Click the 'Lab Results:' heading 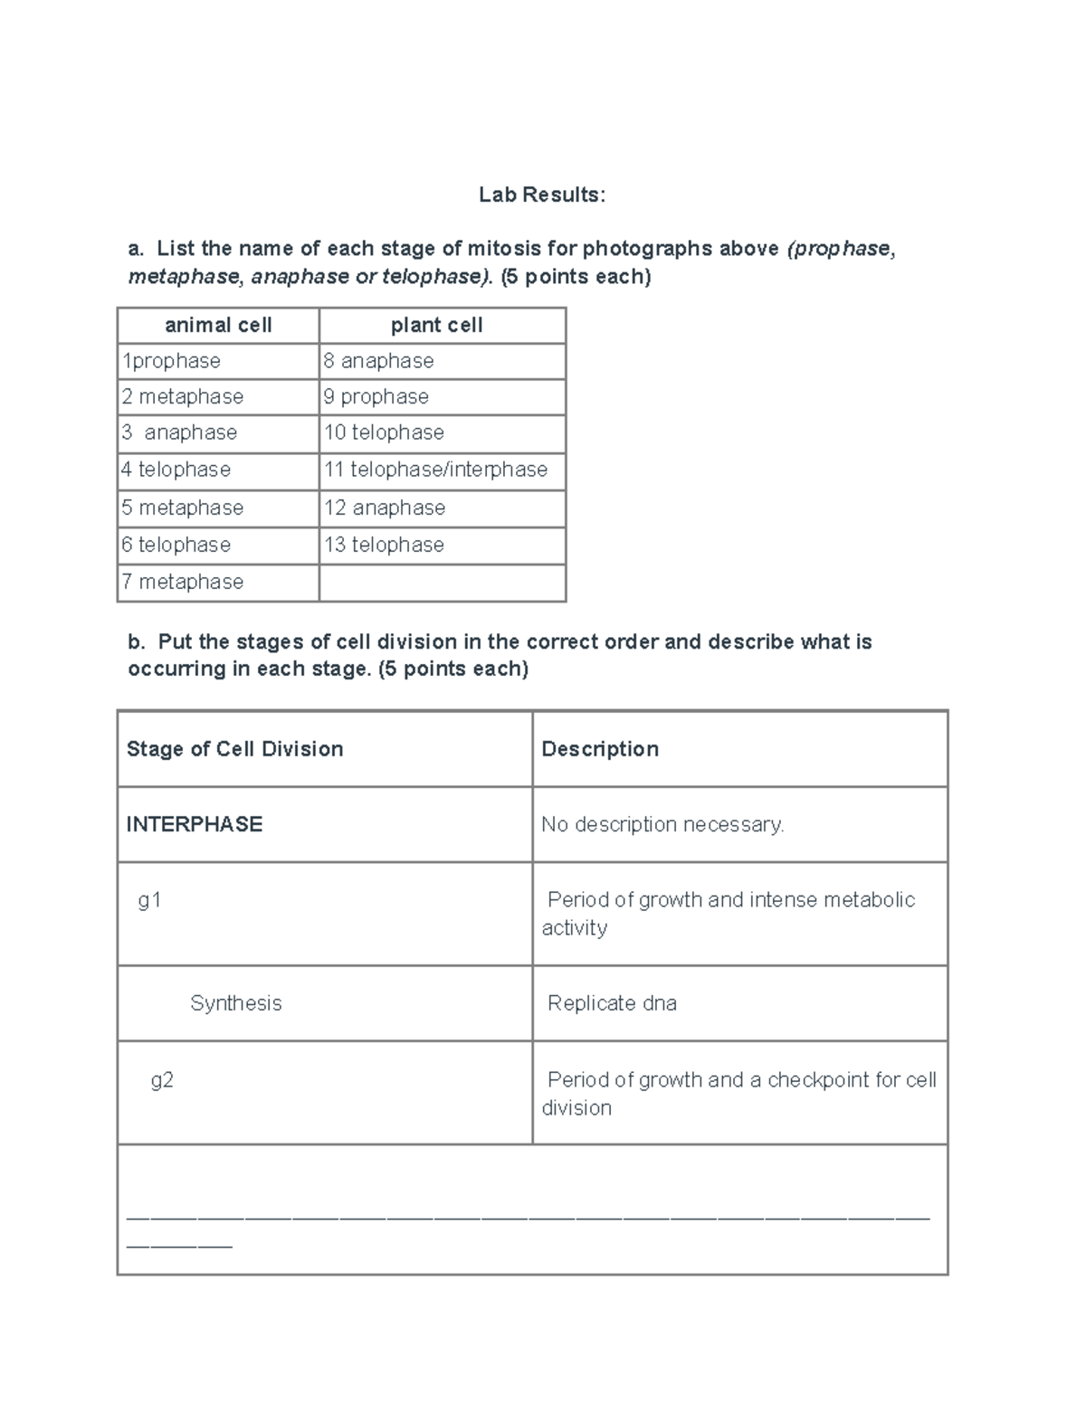click(541, 195)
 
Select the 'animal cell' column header click(218, 326)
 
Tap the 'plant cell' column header click(436, 326)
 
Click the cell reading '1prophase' click(172, 361)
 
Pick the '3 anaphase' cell click(179, 432)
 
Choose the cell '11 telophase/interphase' click(436, 470)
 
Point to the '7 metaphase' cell click(183, 582)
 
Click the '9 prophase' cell click(376, 397)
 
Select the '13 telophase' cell click(385, 545)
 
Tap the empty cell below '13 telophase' click(442, 583)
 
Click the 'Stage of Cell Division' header click(235, 749)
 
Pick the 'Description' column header click(600, 749)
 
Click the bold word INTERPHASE click(195, 824)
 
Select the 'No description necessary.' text click(662, 824)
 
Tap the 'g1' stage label click(149, 900)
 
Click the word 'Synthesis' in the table click(236, 1003)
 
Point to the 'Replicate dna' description click(612, 1003)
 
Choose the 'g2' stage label click(162, 1080)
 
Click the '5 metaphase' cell click(183, 508)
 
